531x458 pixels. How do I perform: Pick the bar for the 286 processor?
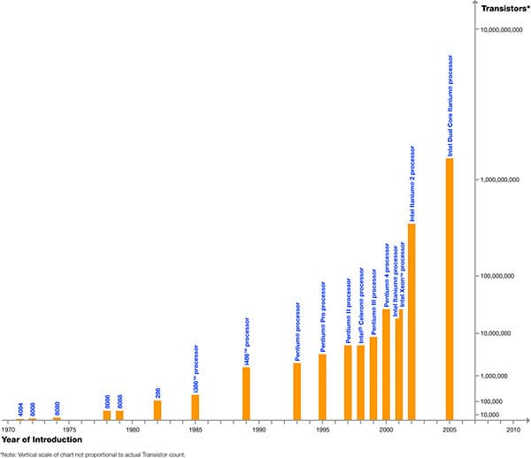coord(158,409)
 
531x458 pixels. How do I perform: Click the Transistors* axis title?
coord(505,9)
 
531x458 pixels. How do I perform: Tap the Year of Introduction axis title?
coord(42,439)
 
